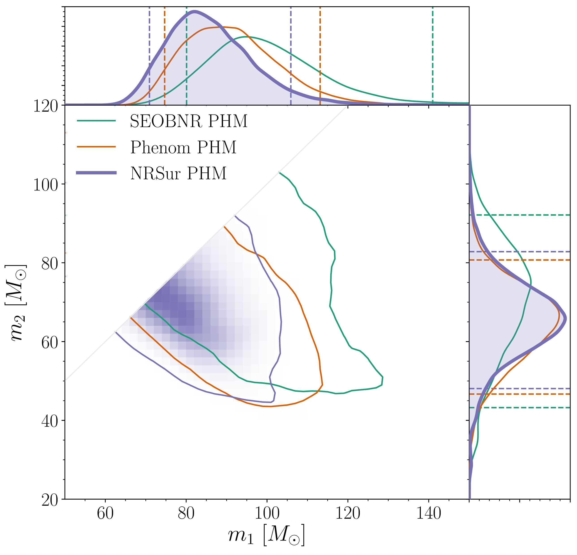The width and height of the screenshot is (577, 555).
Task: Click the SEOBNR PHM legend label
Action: point(188,121)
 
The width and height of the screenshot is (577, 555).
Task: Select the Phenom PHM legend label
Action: point(183,147)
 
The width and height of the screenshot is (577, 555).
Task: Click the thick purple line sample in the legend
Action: point(96,173)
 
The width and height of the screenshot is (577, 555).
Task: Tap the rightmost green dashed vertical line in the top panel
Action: point(432,56)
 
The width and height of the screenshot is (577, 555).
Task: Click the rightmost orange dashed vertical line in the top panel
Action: point(320,56)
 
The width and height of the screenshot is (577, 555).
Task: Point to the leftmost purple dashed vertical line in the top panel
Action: point(149,56)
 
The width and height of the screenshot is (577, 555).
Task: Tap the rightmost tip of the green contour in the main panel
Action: point(383,377)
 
